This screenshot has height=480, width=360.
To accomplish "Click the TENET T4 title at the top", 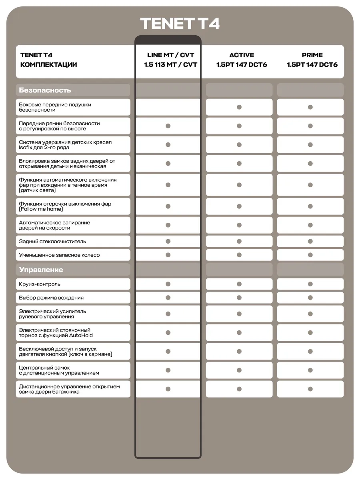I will (x=180, y=24).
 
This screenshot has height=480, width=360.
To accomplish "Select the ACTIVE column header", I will (x=242, y=60).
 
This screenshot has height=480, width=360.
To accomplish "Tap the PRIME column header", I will (x=312, y=60).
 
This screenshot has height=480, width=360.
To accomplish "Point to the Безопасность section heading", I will (x=45, y=90).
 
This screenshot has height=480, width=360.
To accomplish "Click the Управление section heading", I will (x=41, y=270).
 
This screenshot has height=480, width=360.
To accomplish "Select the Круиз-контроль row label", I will (x=40, y=284).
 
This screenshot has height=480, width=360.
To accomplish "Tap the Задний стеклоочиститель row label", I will (x=52, y=241).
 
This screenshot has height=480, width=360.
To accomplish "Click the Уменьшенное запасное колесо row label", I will (x=59, y=255).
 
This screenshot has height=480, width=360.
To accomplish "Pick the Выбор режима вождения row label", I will (x=51, y=298).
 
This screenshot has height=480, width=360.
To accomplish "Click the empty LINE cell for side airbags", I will (x=168, y=107).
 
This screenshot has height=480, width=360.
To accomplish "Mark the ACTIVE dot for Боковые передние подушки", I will (x=239, y=107).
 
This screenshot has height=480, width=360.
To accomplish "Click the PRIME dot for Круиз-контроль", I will (x=310, y=284).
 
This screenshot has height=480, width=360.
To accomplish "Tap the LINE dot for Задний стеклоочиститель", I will (x=168, y=241).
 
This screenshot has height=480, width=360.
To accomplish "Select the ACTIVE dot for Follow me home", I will (x=239, y=206).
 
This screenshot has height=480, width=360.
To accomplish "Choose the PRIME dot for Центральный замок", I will (x=310, y=370).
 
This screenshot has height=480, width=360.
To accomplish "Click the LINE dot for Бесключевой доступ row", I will (x=168, y=351).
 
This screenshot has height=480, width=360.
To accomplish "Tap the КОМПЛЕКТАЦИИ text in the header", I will (x=48, y=64).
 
